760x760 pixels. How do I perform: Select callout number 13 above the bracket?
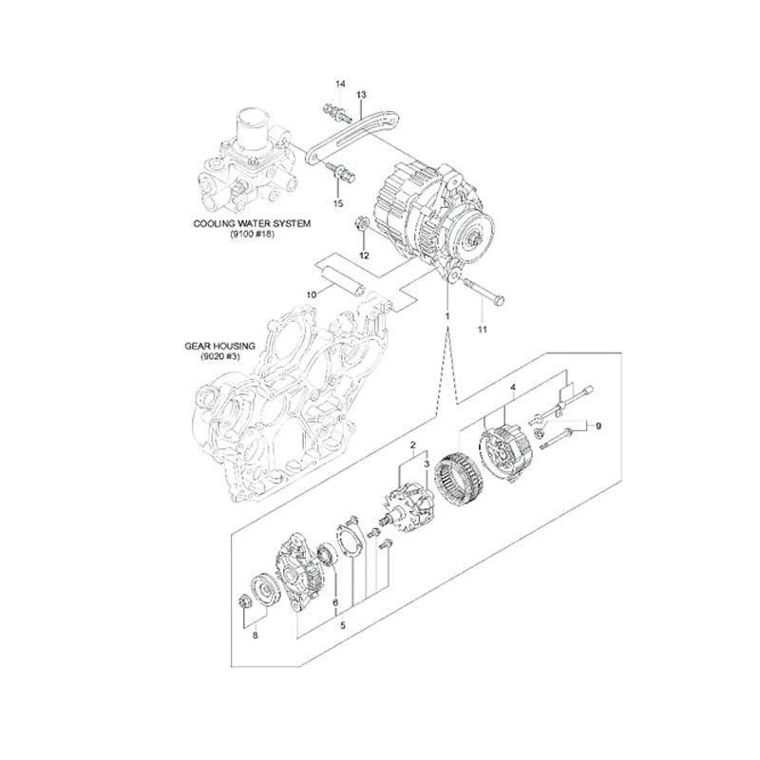[361, 95]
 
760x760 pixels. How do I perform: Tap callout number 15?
[337, 203]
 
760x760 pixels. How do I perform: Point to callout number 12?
[363, 256]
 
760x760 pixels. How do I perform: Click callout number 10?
[311, 295]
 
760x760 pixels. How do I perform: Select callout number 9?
[598, 427]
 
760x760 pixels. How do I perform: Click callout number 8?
[255, 636]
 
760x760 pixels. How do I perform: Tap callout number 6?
[335, 602]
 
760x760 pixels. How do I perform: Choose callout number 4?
[514, 388]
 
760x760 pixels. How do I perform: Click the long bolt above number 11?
[479, 289]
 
